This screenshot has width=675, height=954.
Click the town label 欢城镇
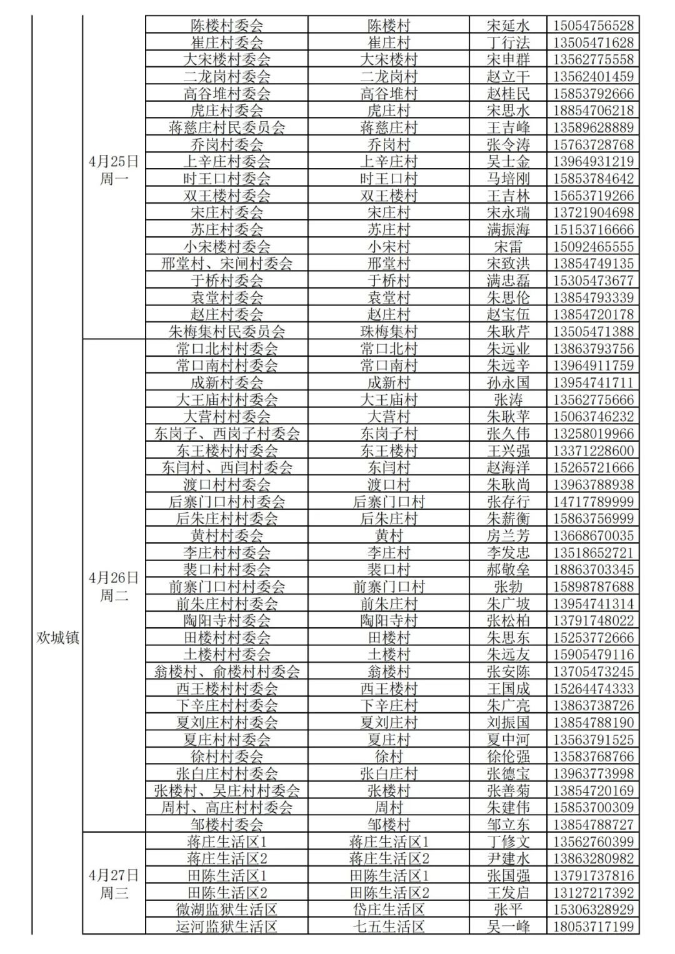click(57, 638)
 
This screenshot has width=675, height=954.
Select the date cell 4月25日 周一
click(114, 170)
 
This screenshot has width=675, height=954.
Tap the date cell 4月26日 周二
click(114, 586)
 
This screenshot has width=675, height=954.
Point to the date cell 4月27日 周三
click(114, 883)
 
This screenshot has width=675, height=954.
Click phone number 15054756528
click(593, 26)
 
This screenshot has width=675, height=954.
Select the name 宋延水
click(508, 26)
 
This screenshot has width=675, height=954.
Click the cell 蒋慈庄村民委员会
click(227, 127)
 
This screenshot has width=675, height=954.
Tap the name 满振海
click(508, 229)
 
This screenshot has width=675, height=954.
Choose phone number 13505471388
click(593, 331)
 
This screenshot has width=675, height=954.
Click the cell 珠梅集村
click(389, 331)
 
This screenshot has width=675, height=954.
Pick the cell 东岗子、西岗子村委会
click(227, 433)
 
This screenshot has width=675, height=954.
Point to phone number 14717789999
click(593, 501)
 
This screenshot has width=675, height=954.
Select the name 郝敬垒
click(508, 569)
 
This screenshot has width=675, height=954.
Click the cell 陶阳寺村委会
click(227, 620)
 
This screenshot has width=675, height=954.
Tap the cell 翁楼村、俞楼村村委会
click(227, 672)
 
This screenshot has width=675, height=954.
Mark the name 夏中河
click(508, 740)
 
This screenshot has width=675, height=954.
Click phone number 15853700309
click(593, 807)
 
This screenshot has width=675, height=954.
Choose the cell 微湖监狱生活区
click(227, 910)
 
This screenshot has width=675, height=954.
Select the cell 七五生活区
click(389, 927)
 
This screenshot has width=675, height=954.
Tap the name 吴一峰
click(508, 927)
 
